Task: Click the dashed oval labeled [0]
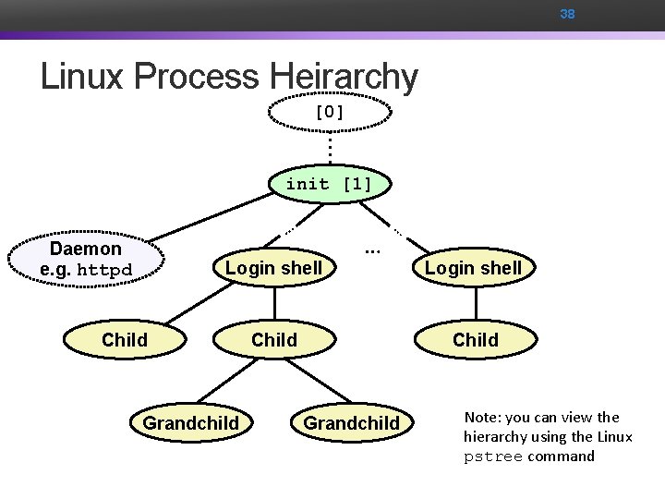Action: click(x=329, y=113)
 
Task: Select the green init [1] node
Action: click(x=329, y=184)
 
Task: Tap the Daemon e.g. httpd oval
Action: click(x=87, y=260)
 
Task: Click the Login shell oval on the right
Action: click(x=473, y=268)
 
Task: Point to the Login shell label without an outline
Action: click(x=274, y=268)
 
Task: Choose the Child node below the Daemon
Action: click(x=125, y=340)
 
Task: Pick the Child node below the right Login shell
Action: click(x=475, y=340)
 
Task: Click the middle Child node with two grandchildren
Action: click(x=274, y=340)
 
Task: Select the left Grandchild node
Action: click(x=190, y=423)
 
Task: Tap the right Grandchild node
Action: click(x=351, y=423)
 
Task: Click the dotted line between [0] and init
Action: click(x=329, y=148)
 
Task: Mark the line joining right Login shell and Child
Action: click(x=474, y=304)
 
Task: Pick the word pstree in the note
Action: click(x=493, y=456)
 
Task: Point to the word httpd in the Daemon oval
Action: click(x=104, y=271)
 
